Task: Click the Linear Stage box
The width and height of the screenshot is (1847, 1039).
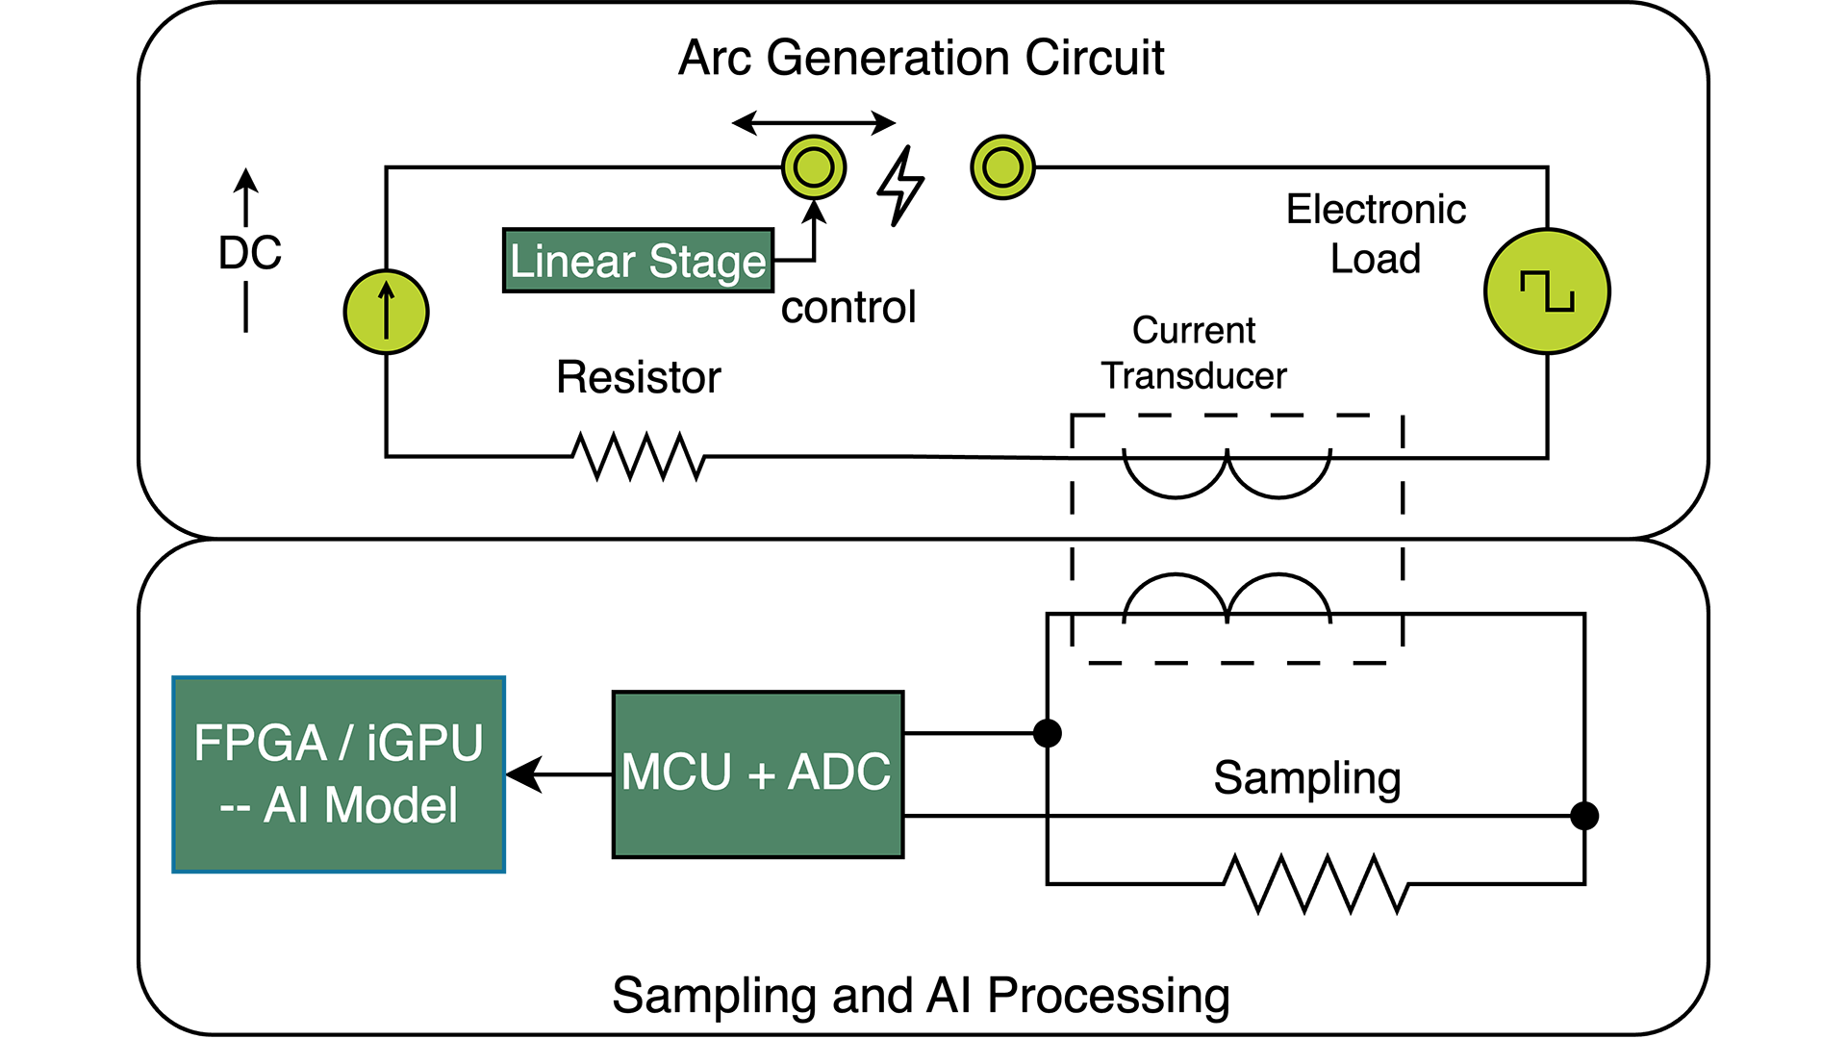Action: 638,261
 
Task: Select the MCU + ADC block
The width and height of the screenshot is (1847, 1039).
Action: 757,773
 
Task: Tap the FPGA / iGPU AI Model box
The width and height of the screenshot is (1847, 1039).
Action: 339,774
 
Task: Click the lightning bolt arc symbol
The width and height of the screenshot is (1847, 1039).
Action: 900,187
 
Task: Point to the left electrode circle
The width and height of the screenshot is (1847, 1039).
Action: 814,167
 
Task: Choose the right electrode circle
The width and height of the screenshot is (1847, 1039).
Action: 1002,167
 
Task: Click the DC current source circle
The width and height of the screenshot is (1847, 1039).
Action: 386,312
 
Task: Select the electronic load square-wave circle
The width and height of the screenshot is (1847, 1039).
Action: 1547,291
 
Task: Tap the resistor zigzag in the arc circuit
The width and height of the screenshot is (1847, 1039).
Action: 639,456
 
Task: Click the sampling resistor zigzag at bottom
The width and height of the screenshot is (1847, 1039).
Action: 1316,882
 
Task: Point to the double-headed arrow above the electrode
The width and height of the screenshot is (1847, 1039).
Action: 814,122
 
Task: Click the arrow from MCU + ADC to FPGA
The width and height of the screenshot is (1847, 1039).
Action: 558,773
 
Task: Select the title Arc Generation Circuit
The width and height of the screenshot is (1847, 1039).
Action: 921,58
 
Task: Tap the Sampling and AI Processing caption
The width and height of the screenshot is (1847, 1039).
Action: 921,995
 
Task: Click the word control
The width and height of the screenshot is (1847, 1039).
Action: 848,308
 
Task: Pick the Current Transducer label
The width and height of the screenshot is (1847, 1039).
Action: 1193,353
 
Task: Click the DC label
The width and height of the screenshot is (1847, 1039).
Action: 250,253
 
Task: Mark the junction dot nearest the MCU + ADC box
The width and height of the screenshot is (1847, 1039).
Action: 1047,733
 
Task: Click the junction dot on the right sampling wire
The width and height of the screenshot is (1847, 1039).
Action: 1583,816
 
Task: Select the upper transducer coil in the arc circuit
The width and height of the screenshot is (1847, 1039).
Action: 1227,475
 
